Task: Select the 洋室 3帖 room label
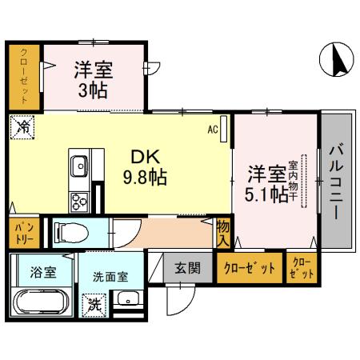(x=94, y=78)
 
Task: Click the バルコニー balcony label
(x=337, y=183)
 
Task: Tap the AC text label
(x=214, y=128)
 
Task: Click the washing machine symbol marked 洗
(x=94, y=304)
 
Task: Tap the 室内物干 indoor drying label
(x=303, y=175)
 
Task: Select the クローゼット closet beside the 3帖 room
(x=25, y=78)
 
